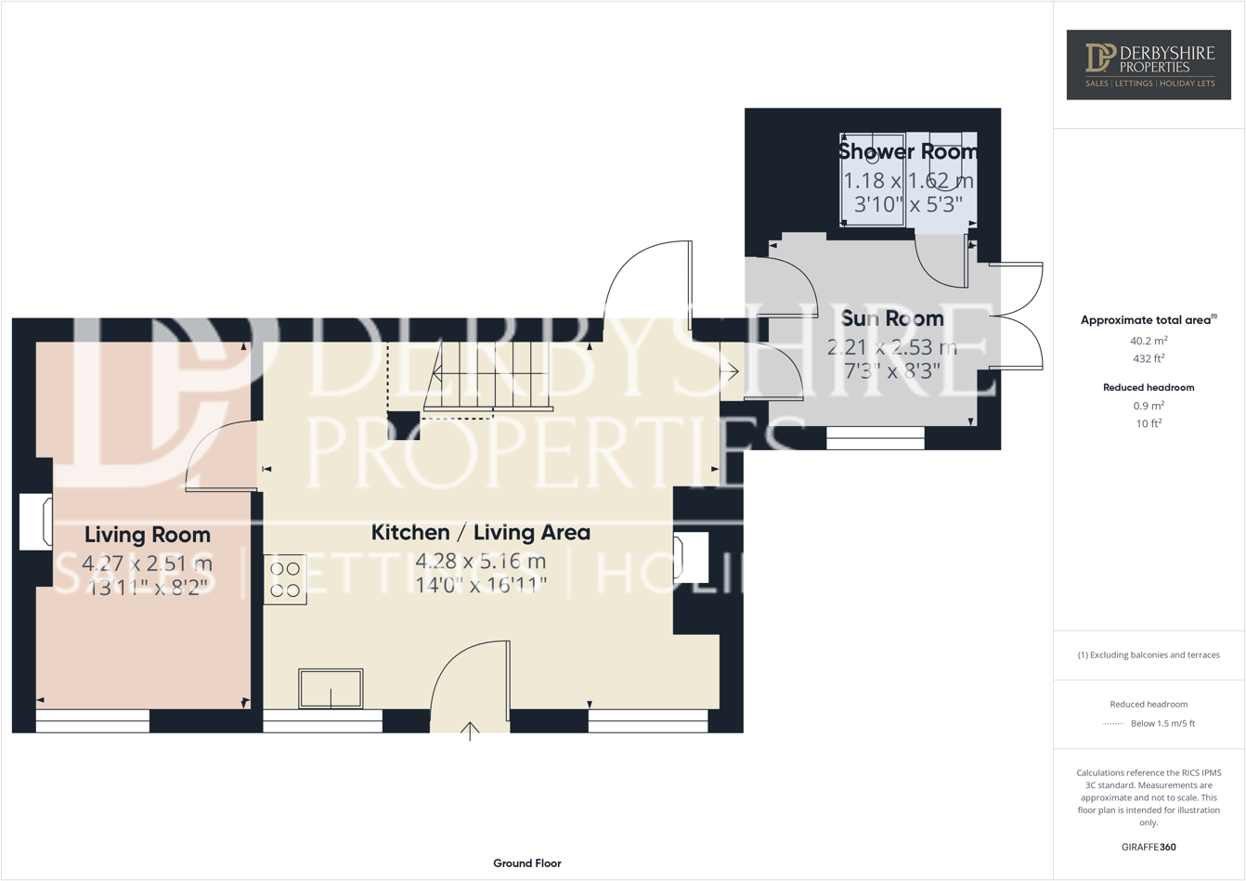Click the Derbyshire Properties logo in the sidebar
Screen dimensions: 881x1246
pyautogui.click(x=1149, y=64)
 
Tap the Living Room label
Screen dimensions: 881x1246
pyautogui.click(x=147, y=535)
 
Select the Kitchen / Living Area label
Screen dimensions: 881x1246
pyautogui.click(x=480, y=532)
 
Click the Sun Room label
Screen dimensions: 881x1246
pyautogui.click(x=891, y=318)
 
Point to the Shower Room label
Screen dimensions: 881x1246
pyautogui.click(x=907, y=151)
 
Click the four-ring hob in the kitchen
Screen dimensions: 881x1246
pyautogui.click(x=285, y=579)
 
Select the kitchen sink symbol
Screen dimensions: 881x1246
pyautogui.click(x=331, y=689)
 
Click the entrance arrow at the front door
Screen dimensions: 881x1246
pyautogui.click(x=470, y=732)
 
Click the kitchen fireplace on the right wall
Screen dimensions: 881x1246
pyautogui.click(x=691, y=557)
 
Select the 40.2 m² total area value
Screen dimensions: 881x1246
pyautogui.click(x=1149, y=341)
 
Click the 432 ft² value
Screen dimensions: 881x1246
pyautogui.click(x=1149, y=358)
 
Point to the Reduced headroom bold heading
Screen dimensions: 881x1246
pyautogui.click(x=1149, y=387)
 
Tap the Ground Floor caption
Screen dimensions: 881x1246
pyautogui.click(x=526, y=863)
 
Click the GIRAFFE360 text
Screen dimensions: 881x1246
pyautogui.click(x=1149, y=847)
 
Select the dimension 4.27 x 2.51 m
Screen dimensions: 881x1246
pyautogui.click(x=147, y=563)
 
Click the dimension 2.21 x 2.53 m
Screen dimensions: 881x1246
pyautogui.click(x=891, y=348)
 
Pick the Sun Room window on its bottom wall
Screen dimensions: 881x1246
pyautogui.click(x=875, y=438)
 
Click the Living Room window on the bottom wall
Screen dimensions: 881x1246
pyautogui.click(x=92, y=721)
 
